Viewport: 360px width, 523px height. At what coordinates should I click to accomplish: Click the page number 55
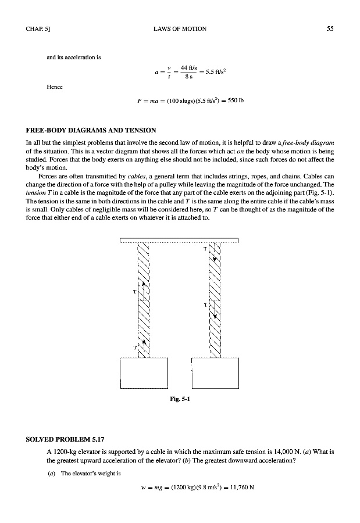[329, 28]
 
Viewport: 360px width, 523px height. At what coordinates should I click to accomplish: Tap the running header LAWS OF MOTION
[180, 28]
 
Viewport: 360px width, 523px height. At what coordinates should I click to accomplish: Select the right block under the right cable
[215, 372]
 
